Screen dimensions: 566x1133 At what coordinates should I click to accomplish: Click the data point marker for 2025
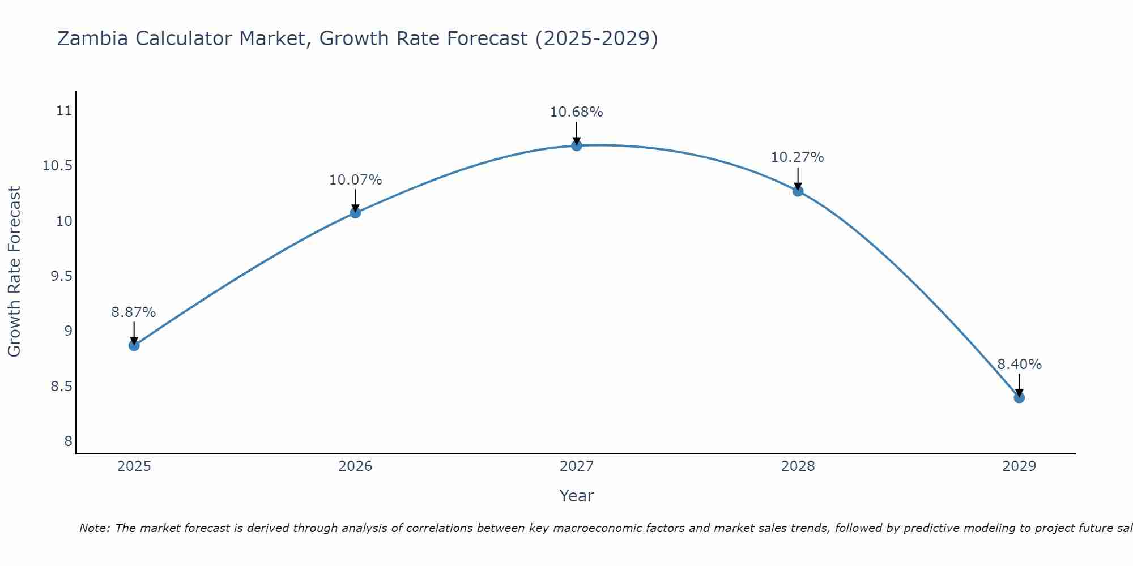pos(134,345)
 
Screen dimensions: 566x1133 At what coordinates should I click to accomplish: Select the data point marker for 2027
pos(577,145)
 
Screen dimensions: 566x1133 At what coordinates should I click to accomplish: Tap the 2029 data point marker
pos(1019,397)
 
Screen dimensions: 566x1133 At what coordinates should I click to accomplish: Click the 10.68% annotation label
pos(577,112)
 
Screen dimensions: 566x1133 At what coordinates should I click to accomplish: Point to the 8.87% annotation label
pos(134,312)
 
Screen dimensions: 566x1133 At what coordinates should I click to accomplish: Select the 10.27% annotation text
pos(798,157)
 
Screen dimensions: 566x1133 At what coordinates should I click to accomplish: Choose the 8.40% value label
pos(1019,365)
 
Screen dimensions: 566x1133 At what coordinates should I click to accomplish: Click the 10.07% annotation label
pos(355,180)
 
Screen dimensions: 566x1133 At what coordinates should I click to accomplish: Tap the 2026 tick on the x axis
pos(355,466)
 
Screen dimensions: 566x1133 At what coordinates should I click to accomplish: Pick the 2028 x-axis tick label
pos(798,466)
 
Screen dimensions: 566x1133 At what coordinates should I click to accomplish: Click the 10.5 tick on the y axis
pos(58,166)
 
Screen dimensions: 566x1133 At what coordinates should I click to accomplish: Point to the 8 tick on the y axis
pos(69,441)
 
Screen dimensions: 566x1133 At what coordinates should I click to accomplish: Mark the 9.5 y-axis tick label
pos(61,276)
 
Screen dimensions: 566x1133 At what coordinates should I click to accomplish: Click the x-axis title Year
pos(576,496)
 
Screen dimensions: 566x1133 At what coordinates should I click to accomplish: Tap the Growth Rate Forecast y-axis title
pos(14,271)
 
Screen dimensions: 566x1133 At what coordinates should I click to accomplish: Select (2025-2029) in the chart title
pos(597,39)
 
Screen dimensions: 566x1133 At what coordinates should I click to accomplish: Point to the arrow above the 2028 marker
pos(798,179)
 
